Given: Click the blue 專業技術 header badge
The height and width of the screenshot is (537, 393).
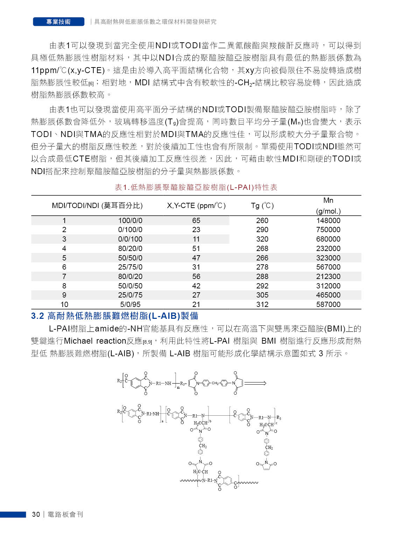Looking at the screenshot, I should [58, 22].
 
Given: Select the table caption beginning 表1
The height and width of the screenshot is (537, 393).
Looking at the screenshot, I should [196, 187].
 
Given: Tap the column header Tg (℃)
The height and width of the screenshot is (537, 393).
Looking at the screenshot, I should [262, 206].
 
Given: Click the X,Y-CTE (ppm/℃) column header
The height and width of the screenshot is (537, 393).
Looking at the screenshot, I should [196, 206].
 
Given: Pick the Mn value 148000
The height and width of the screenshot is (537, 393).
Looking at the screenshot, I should [328, 221].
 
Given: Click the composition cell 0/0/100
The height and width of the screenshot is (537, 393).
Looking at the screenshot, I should [130, 239].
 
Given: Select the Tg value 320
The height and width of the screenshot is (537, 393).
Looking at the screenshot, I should [262, 239].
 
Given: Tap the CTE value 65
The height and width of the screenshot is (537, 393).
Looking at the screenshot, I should [196, 221].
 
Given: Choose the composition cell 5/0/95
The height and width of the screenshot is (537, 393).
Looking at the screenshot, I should [130, 305].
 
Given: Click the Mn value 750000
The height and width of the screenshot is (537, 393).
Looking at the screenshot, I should [328, 230].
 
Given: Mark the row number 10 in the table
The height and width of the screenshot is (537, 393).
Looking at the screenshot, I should [64, 305].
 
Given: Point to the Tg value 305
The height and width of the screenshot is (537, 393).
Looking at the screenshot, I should [262, 295].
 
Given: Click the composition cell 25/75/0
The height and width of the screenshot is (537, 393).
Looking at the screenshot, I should [130, 267].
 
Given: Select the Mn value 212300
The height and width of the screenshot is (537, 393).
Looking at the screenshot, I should [328, 277].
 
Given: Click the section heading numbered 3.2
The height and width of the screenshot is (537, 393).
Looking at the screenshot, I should [114, 316].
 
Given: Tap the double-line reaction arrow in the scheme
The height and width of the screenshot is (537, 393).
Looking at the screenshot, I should [255, 383].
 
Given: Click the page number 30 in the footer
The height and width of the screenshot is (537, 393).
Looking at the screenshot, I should [36, 514].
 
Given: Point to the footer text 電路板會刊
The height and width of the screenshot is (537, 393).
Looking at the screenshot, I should [65, 514].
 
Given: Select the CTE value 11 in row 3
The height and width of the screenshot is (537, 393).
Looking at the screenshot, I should [196, 239].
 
